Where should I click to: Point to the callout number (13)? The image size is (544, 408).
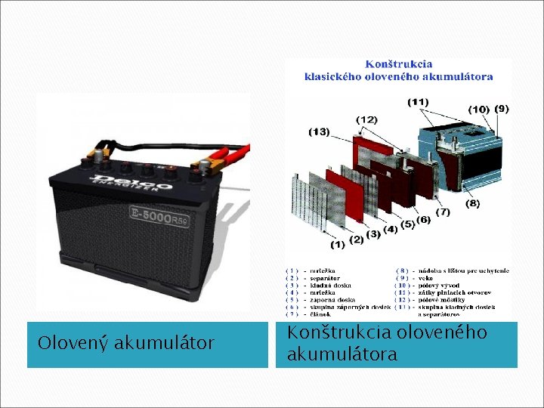319,131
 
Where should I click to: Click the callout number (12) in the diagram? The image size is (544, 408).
366,119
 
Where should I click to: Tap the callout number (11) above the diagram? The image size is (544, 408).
418,102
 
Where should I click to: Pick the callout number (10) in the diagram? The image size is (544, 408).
479,110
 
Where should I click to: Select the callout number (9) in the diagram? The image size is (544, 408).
502,109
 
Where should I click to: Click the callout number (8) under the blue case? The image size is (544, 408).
471,203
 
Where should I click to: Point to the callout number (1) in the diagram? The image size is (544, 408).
337,244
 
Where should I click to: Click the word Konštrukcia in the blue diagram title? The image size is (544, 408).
399,65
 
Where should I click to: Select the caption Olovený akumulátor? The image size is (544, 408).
126,344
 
